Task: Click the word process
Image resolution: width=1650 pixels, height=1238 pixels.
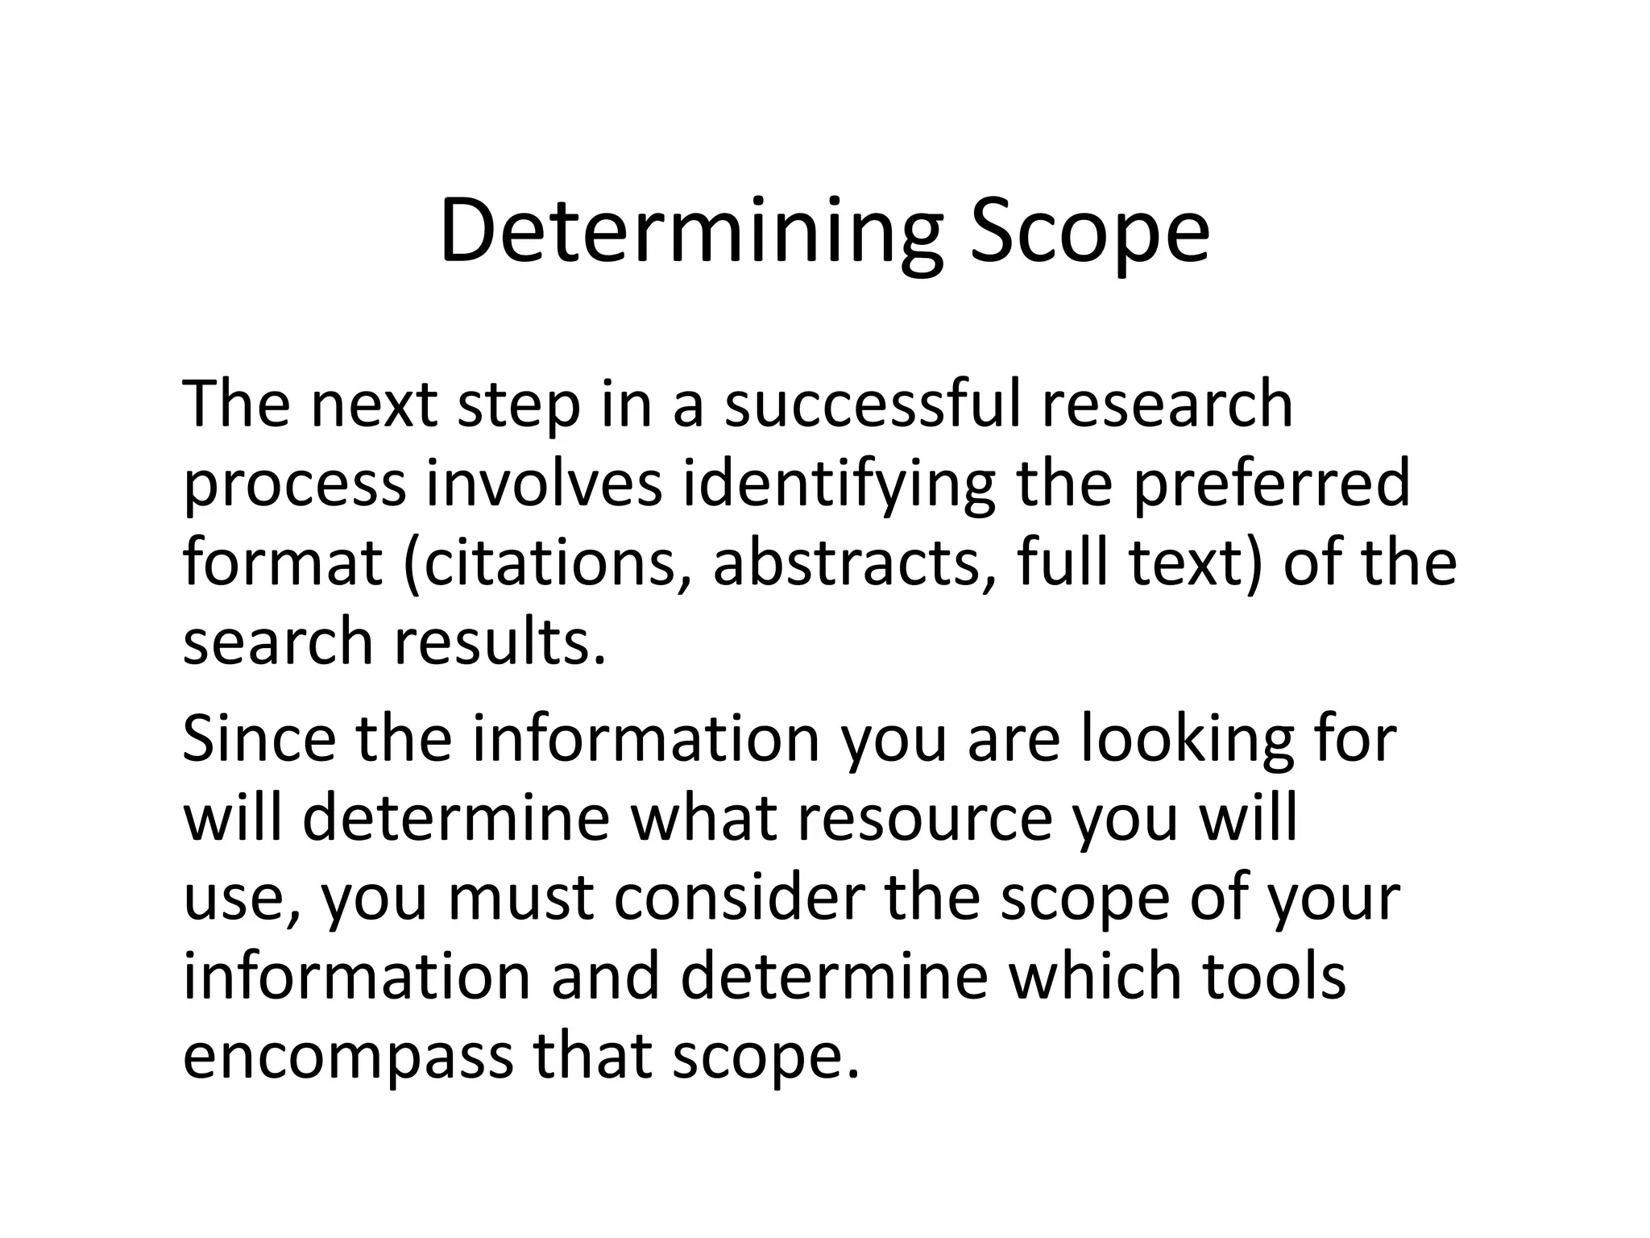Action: click(295, 484)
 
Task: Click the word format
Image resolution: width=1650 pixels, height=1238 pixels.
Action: click(283, 562)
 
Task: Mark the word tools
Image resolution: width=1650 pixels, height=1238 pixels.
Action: click(1274, 975)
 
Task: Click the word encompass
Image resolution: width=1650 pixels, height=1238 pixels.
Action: click(347, 1056)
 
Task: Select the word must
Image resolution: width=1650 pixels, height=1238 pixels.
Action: click(521, 897)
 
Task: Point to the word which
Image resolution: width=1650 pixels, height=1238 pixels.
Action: click(1095, 975)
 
